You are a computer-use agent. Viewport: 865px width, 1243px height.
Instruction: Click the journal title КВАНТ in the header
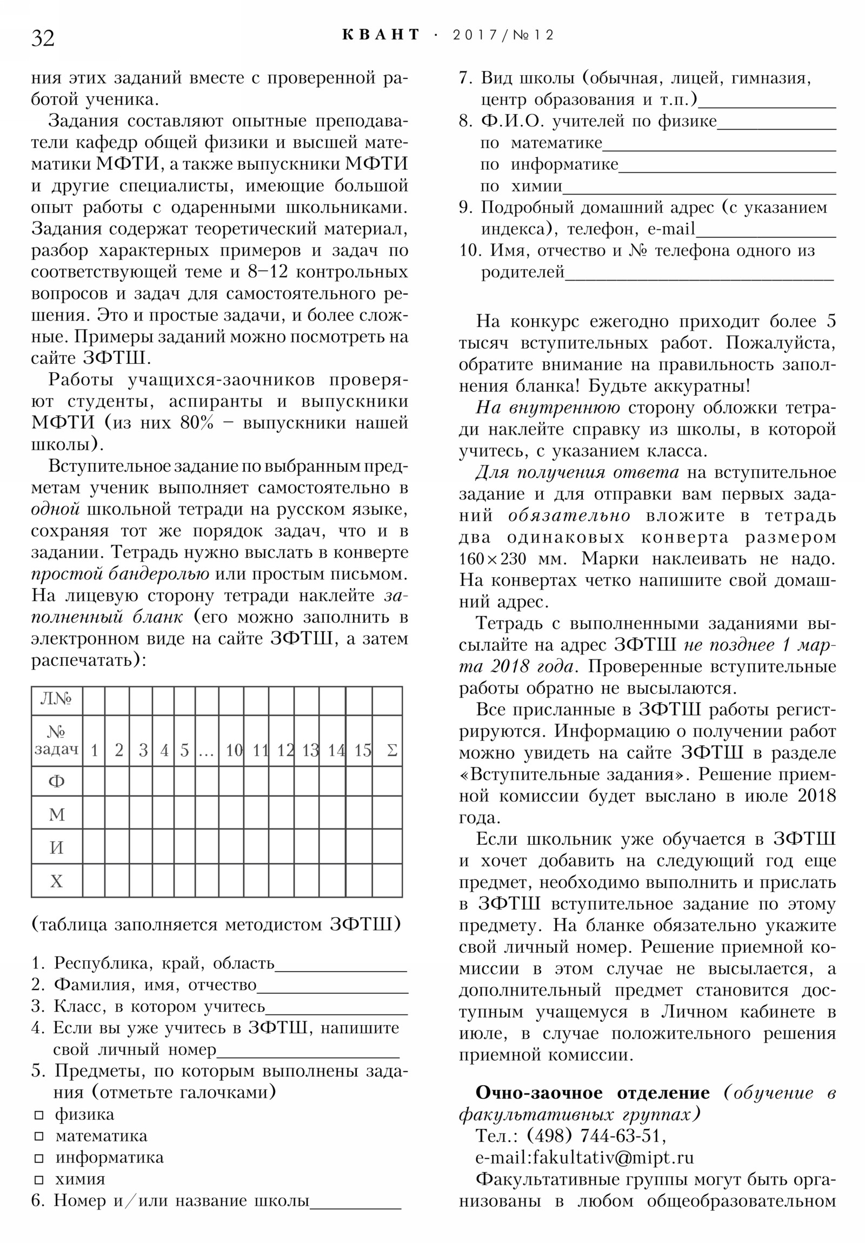[381, 35]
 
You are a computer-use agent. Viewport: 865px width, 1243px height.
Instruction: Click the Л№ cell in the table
[56, 699]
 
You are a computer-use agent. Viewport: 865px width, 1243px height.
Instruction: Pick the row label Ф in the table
[56, 781]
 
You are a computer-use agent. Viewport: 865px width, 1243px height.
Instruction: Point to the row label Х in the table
[56, 882]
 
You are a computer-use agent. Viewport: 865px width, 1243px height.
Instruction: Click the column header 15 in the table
[362, 750]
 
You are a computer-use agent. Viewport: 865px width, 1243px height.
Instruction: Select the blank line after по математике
[718, 148]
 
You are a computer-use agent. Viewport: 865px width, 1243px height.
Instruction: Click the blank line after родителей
[698, 278]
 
